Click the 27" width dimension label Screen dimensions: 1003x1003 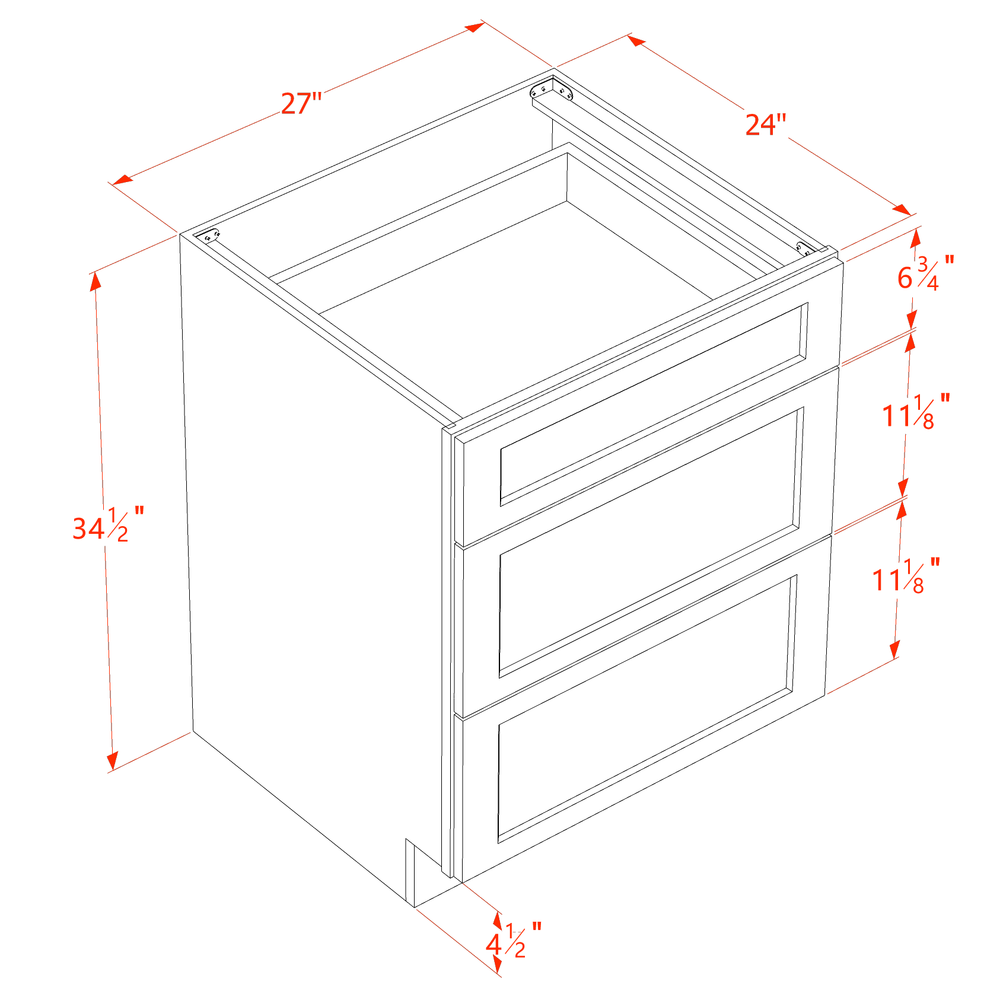(x=301, y=104)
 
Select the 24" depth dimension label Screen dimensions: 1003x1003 (x=765, y=125)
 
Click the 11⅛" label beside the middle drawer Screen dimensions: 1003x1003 (x=916, y=411)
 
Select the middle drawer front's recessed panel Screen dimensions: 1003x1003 (x=651, y=542)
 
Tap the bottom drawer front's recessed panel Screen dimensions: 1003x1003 (x=647, y=709)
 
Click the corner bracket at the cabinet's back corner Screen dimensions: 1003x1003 (x=552, y=90)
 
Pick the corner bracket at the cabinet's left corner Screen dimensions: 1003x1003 (x=207, y=235)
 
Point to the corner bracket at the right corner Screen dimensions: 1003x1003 (x=805, y=249)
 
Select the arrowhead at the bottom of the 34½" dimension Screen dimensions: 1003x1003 (x=112, y=761)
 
